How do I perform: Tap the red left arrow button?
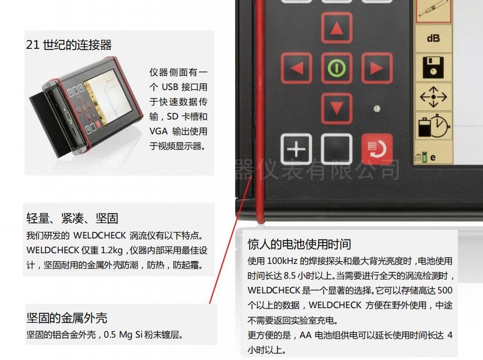296,68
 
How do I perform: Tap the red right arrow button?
377,68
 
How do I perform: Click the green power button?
337,68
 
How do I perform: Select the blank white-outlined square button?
337,149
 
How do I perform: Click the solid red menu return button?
377,149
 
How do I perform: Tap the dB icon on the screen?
433,39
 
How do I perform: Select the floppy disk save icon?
433,67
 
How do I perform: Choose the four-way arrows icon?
433,97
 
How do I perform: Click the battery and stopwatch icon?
434,126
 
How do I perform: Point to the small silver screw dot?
377,108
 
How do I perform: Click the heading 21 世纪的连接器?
69,45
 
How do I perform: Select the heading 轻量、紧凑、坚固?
72,218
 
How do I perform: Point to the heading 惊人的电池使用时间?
299,244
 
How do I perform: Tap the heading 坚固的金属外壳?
67,318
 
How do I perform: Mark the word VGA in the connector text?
159,131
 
